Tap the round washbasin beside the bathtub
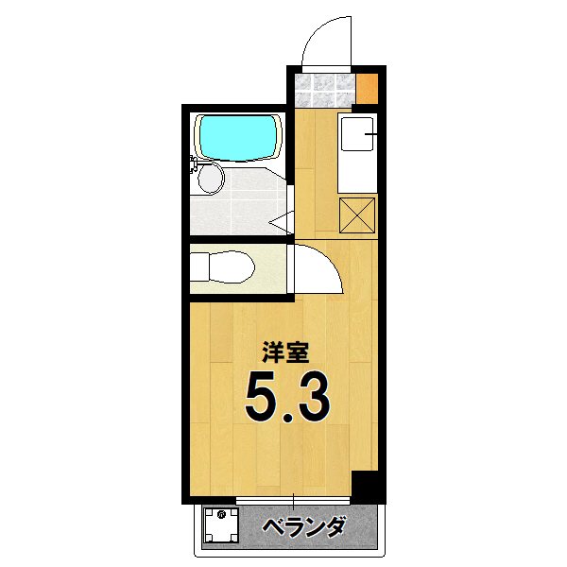tap(212, 178)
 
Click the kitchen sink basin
tap(357, 139)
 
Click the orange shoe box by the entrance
tap(369, 90)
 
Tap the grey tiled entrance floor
tap(326, 90)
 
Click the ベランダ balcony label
tap(303, 527)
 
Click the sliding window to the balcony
tap(294, 499)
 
